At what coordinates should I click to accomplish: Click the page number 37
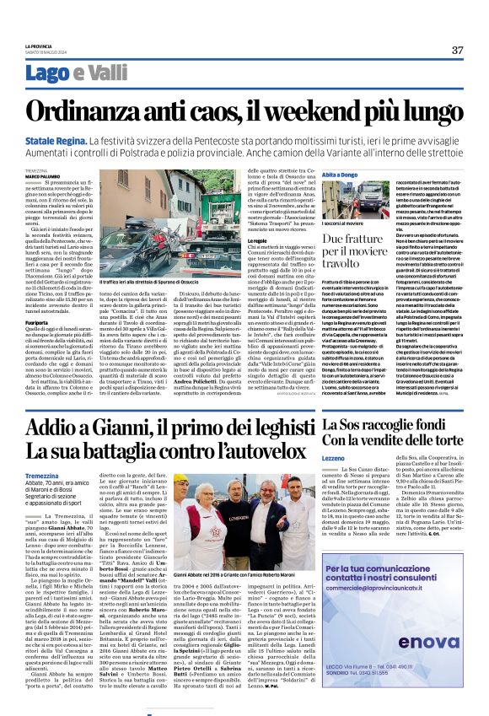[457, 50]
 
